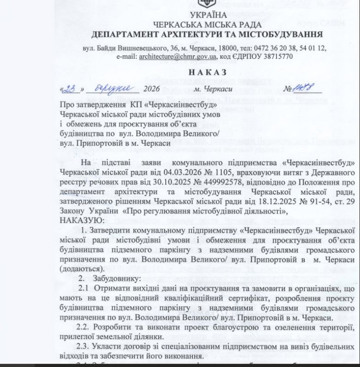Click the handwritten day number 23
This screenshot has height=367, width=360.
(70, 89)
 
